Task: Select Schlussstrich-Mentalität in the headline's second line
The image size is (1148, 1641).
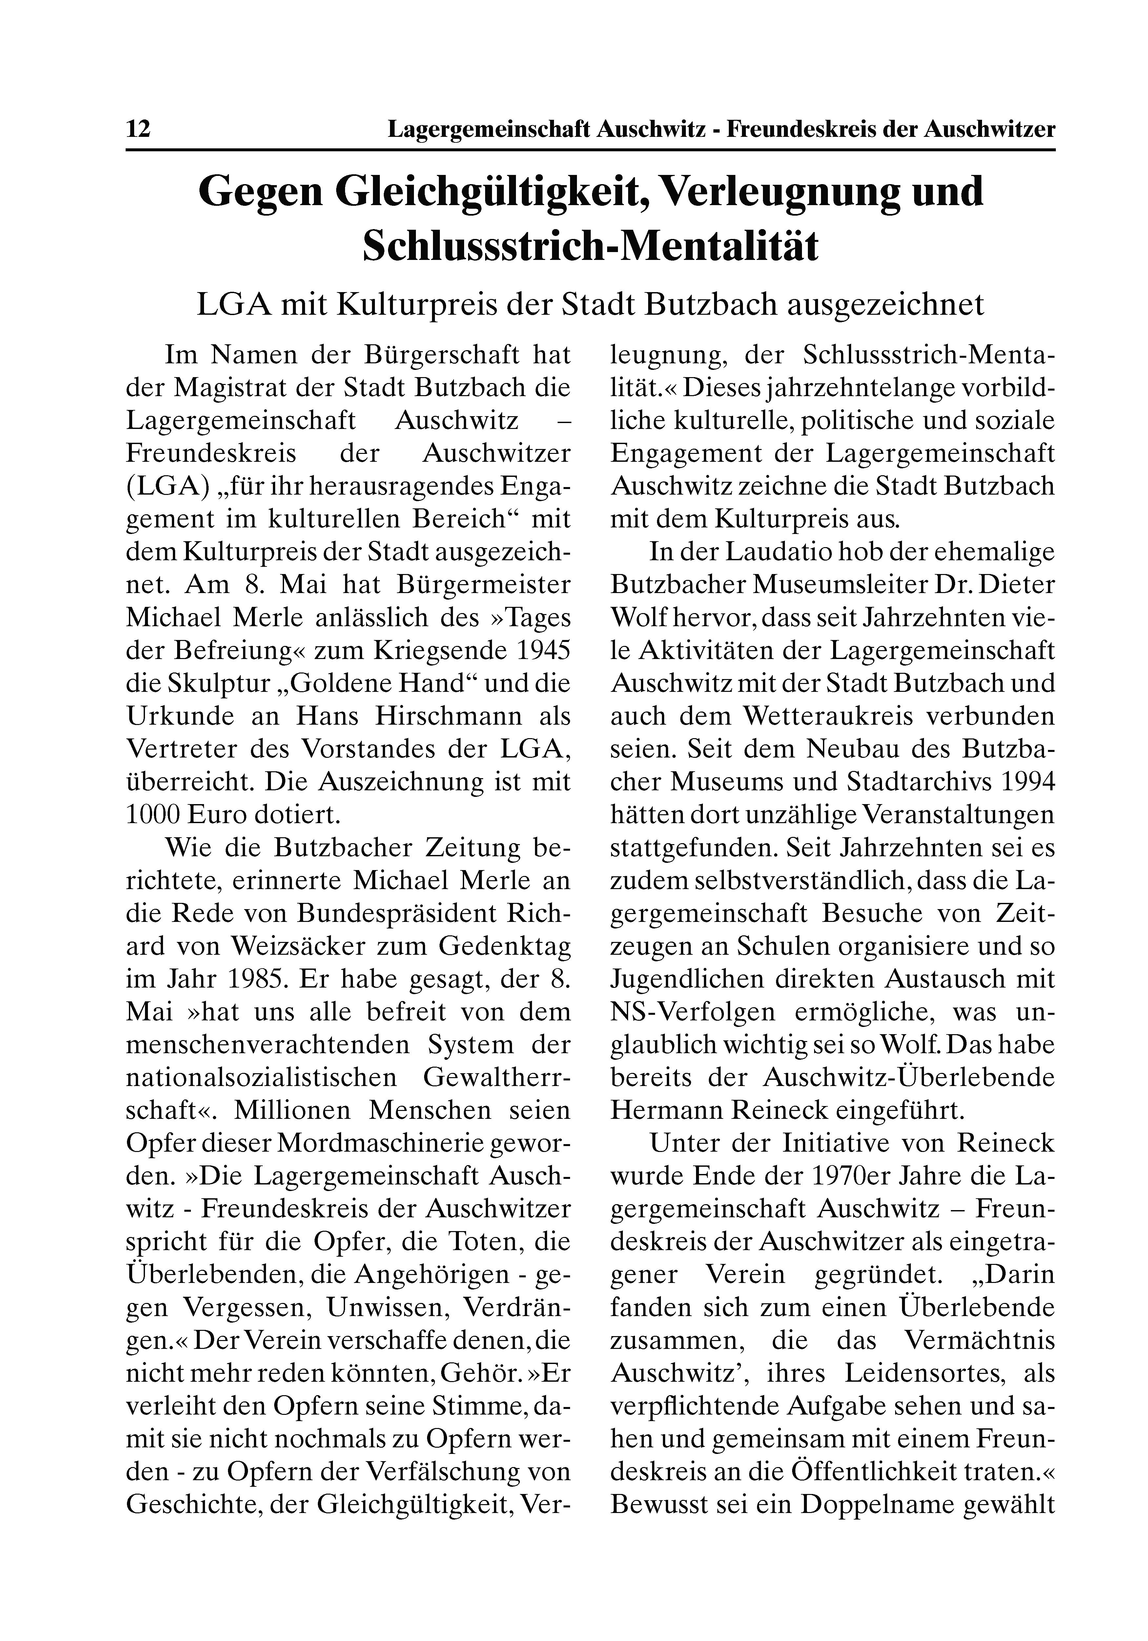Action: pos(590,245)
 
